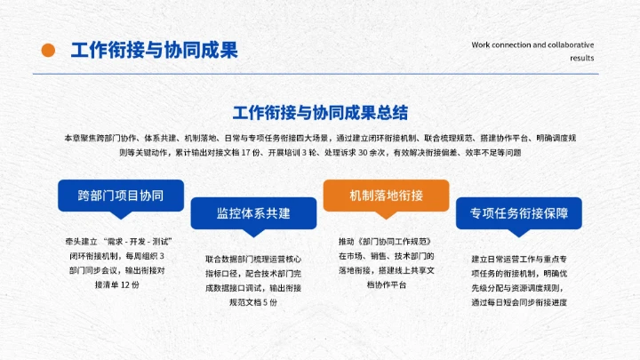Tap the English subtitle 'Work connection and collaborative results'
(x=532, y=51)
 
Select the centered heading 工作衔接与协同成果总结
(x=320, y=113)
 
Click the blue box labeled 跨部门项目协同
(x=120, y=195)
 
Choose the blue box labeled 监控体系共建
(x=253, y=213)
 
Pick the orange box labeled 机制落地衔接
(x=386, y=195)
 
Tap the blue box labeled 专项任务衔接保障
(x=519, y=213)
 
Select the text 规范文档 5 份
(x=253, y=302)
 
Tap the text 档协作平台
(x=386, y=284)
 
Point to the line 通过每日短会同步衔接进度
(x=519, y=302)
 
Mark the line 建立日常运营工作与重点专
(x=519, y=260)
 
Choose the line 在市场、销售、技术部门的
(x=386, y=256)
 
